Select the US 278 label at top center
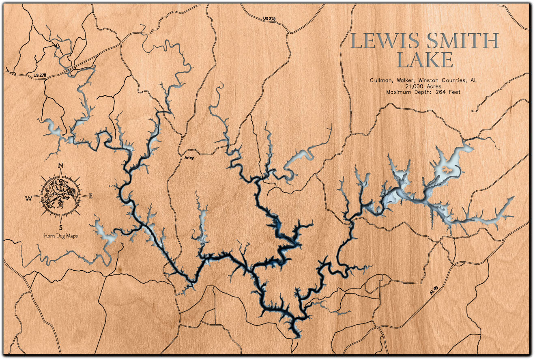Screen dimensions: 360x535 click(269, 19)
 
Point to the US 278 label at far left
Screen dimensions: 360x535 click(37, 75)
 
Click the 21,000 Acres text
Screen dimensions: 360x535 click(423, 86)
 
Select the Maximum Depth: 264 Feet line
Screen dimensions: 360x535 click(423, 92)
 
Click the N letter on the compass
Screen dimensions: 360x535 click(61, 165)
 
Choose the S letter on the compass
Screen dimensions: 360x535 click(61, 226)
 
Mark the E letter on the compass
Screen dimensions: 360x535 click(91, 196)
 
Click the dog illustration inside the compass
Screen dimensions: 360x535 click(60, 196)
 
